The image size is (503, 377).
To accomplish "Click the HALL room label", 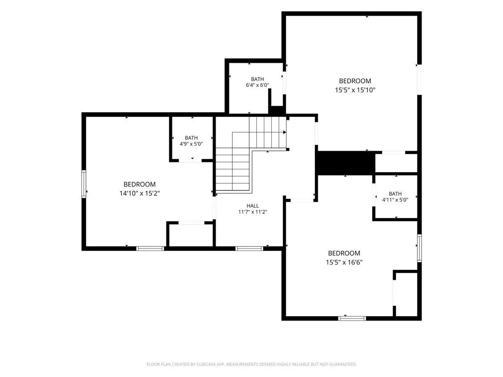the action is click(252, 206).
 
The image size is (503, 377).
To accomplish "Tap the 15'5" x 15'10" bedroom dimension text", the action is click(355, 90).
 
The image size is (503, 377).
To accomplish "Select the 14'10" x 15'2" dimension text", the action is click(140, 193).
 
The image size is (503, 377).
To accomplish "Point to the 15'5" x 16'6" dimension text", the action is click(344, 262).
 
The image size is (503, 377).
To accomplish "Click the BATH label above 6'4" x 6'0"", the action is click(257, 79).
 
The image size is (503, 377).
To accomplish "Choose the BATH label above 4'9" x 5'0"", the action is click(191, 138).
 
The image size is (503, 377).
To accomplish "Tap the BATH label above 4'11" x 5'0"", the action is click(395, 193).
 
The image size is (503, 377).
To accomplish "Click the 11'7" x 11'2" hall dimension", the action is click(253, 212).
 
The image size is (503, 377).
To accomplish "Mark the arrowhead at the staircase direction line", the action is click(284, 132).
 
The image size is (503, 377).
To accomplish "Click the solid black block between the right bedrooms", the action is click(346, 163).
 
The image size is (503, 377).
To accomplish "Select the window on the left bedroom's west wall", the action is click(84, 184).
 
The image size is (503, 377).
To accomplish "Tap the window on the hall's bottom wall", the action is click(249, 248).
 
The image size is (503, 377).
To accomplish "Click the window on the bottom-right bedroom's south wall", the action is click(352, 318).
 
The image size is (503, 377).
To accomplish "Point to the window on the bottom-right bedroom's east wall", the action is click(419, 248).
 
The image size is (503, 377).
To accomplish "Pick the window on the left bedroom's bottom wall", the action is click(150, 248).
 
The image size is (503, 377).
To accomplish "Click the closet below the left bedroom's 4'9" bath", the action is click(191, 235).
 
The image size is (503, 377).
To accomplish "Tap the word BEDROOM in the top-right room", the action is click(355, 81).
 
